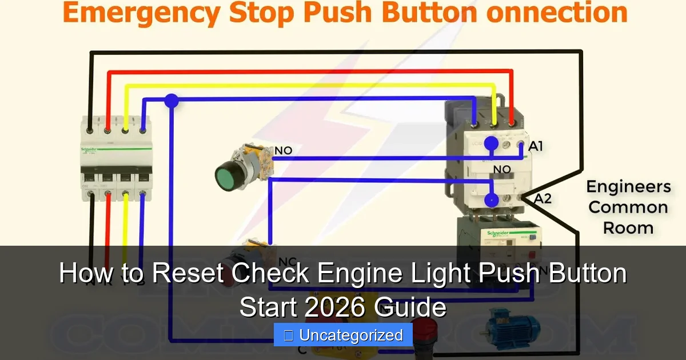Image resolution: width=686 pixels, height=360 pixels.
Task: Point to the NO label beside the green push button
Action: coord(283,150)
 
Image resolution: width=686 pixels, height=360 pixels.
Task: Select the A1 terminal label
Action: coord(535,146)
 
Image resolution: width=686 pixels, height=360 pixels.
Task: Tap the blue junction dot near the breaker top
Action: coord(171,101)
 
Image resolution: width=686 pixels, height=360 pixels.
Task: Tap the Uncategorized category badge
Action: coord(343,335)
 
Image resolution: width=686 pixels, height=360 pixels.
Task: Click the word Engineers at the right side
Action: coord(628,187)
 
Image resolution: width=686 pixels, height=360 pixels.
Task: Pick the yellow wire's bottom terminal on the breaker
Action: coord(125,195)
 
